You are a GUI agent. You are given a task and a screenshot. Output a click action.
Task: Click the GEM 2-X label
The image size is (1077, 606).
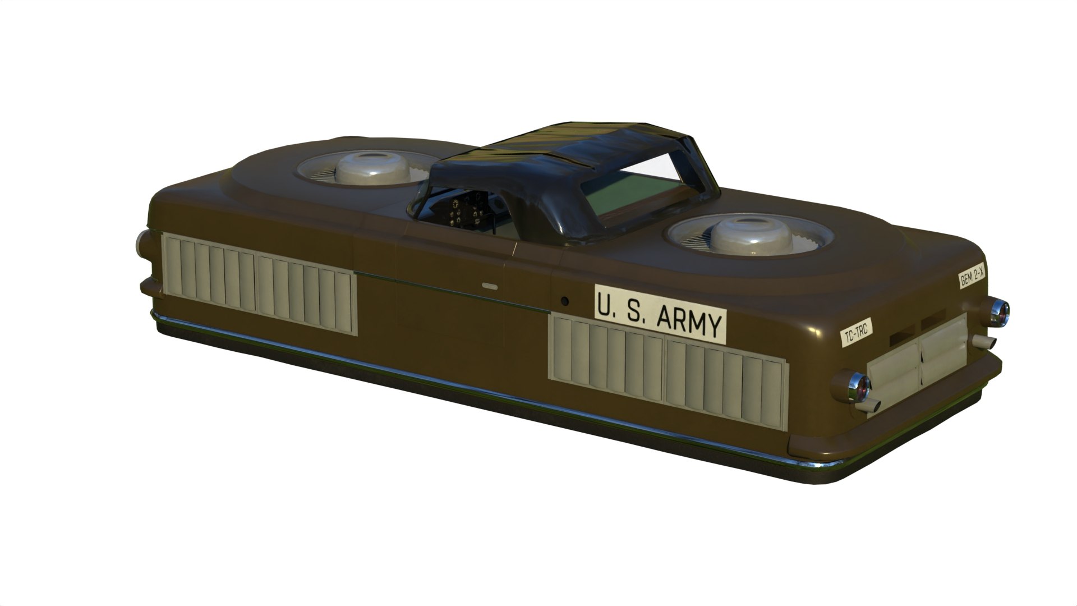pyautogui.click(x=972, y=278)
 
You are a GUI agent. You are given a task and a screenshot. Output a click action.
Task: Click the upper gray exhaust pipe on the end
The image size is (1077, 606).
pyautogui.click(x=984, y=341)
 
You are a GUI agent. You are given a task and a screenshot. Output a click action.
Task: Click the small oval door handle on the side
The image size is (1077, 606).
pyautogui.click(x=490, y=286)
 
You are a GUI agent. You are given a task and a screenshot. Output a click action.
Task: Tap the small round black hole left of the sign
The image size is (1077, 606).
pyautogui.click(x=565, y=301)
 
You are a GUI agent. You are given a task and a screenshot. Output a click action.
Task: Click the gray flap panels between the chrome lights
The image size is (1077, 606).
pyautogui.click(x=920, y=359)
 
